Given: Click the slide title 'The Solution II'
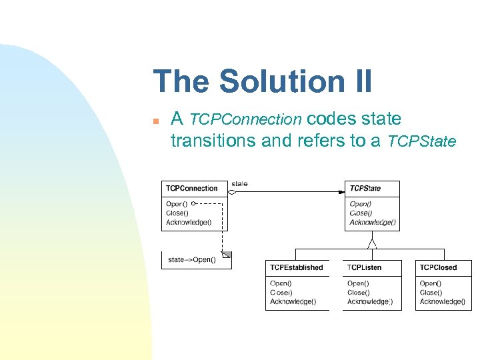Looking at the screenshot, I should click(263, 81).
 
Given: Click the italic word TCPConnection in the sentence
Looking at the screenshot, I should click(245, 119).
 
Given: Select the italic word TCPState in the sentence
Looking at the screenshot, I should click(422, 141).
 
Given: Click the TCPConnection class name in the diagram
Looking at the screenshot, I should click(191, 188).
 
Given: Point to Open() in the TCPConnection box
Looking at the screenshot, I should click(177, 203).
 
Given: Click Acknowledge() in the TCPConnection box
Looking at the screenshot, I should click(189, 222).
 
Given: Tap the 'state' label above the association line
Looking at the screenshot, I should click(239, 183).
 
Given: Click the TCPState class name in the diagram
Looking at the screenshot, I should click(365, 189).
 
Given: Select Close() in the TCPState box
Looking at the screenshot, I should click(361, 213).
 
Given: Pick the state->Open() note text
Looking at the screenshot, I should click(191, 259).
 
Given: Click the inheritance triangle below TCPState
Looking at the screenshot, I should click(372, 243).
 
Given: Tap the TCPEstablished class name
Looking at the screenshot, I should click(296, 267).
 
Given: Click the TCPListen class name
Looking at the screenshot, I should click(364, 267).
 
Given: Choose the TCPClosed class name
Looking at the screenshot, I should click(438, 267).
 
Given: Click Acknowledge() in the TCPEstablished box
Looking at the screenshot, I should click(293, 301).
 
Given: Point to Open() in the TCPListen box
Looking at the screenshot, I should click(357, 283).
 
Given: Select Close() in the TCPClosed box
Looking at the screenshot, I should click(430, 292).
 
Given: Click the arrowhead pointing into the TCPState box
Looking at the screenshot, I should click(341, 192).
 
